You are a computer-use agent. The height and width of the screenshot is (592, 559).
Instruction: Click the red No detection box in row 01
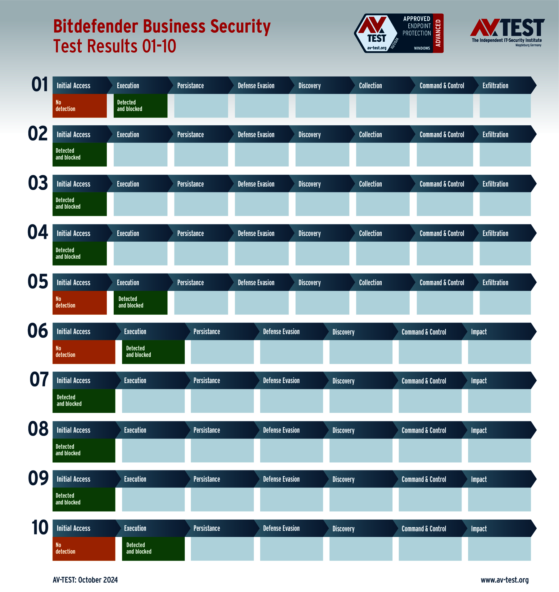tap(80, 106)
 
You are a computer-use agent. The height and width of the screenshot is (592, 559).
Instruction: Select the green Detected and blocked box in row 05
tap(140, 303)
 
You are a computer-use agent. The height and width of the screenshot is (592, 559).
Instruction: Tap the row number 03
tap(38, 183)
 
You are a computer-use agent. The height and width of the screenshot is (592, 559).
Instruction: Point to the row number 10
tap(40, 528)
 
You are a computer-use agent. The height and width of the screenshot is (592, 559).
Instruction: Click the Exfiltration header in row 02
tap(495, 135)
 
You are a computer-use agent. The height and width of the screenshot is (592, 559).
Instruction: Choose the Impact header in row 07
tap(479, 381)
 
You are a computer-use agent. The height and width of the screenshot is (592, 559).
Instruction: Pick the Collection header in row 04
tap(370, 234)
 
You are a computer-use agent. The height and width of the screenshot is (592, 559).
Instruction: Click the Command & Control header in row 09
tap(424, 479)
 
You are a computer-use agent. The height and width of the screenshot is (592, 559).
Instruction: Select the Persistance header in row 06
tap(207, 332)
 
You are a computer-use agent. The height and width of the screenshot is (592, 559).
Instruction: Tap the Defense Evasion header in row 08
tap(281, 430)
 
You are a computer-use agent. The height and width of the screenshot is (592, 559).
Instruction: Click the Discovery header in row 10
tap(343, 529)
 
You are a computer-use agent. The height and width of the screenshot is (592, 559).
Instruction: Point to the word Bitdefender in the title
tap(96, 26)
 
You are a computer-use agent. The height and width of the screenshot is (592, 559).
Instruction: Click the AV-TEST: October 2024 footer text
tap(85, 580)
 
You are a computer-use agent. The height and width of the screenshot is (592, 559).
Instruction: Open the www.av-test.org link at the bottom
tap(504, 580)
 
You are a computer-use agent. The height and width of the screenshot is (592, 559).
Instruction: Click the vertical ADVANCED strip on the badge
tap(438, 33)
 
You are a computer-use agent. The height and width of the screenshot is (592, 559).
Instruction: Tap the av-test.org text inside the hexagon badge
tap(376, 48)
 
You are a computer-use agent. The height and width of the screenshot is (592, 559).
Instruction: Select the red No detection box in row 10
tap(84, 549)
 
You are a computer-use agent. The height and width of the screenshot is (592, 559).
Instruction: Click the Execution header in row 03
tap(128, 184)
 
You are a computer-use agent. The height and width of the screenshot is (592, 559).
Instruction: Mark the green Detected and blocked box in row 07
tap(84, 401)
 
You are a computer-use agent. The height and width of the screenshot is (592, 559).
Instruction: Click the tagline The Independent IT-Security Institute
tap(507, 40)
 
